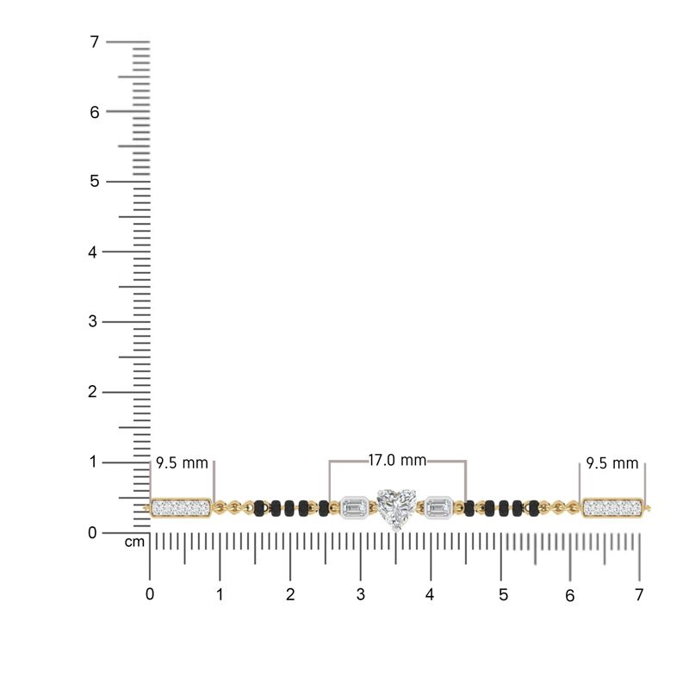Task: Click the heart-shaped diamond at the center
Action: pos(396,509)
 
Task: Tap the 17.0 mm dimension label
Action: pos(397,460)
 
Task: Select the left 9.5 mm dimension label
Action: pos(182,462)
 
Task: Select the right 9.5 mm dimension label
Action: pos(612,462)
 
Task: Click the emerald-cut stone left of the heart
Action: pos(355,507)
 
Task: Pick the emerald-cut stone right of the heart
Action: pos(438,507)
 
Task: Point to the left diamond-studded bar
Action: pos(181,508)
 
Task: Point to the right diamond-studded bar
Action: pos(613,508)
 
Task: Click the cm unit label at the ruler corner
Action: pos(134,542)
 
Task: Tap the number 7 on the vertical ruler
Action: pos(95,41)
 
